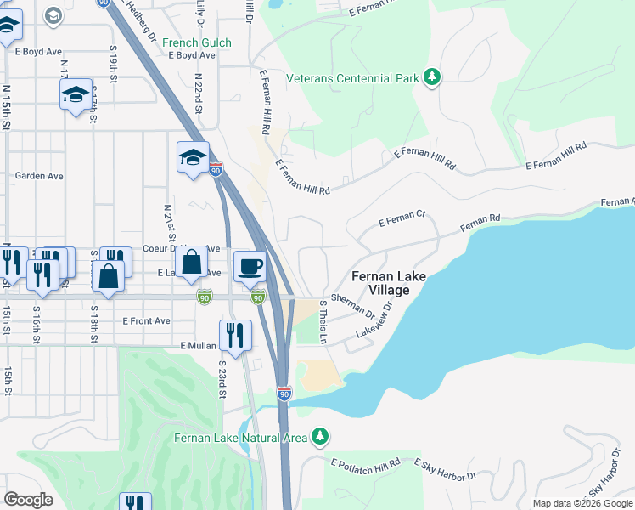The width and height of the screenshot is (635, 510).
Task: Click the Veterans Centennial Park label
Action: click(x=352, y=78)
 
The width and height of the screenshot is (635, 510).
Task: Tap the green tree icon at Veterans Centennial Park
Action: click(x=432, y=78)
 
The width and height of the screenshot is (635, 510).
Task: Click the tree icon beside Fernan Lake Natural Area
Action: click(x=319, y=437)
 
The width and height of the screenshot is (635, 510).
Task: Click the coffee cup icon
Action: click(x=250, y=266)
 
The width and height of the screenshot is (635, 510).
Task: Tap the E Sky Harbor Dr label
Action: click(x=446, y=469)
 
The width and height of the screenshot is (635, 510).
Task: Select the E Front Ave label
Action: click(x=146, y=321)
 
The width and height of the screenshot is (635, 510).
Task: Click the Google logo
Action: click(x=28, y=500)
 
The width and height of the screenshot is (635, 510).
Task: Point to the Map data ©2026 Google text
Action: click(x=582, y=503)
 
